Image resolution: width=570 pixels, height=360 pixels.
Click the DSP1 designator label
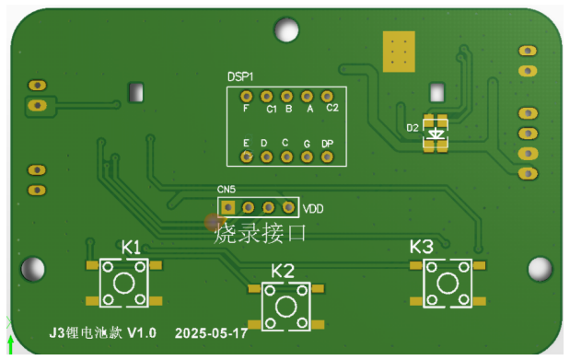click(240, 76)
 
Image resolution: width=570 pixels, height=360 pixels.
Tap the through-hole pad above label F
click(247, 97)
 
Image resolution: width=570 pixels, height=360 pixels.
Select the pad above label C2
click(327, 97)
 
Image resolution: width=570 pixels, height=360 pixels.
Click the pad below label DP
click(327, 157)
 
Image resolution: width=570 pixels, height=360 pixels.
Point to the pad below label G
click(307, 157)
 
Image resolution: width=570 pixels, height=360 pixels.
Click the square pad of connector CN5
click(228, 208)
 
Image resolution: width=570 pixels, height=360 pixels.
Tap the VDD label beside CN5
click(313, 209)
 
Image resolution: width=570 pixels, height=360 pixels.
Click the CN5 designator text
click(227, 190)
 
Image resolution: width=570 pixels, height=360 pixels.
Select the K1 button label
click(131, 248)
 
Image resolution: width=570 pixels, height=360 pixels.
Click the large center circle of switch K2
click(285, 307)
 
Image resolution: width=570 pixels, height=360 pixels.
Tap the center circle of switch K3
click(448, 284)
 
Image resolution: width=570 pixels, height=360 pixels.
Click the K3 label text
click(422, 247)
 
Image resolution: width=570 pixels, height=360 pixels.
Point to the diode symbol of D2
click(436, 134)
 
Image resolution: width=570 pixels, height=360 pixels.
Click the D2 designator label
click(413, 128)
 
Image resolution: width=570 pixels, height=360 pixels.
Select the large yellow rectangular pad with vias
click(399, 52)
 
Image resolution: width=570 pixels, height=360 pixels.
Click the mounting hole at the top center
click(286, 29)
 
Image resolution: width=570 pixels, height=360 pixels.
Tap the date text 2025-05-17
click(211, 333)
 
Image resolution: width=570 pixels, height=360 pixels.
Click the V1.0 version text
click(142, 332)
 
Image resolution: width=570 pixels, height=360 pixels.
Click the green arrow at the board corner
click(10, 344)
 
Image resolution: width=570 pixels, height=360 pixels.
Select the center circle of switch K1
click(124, 283)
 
